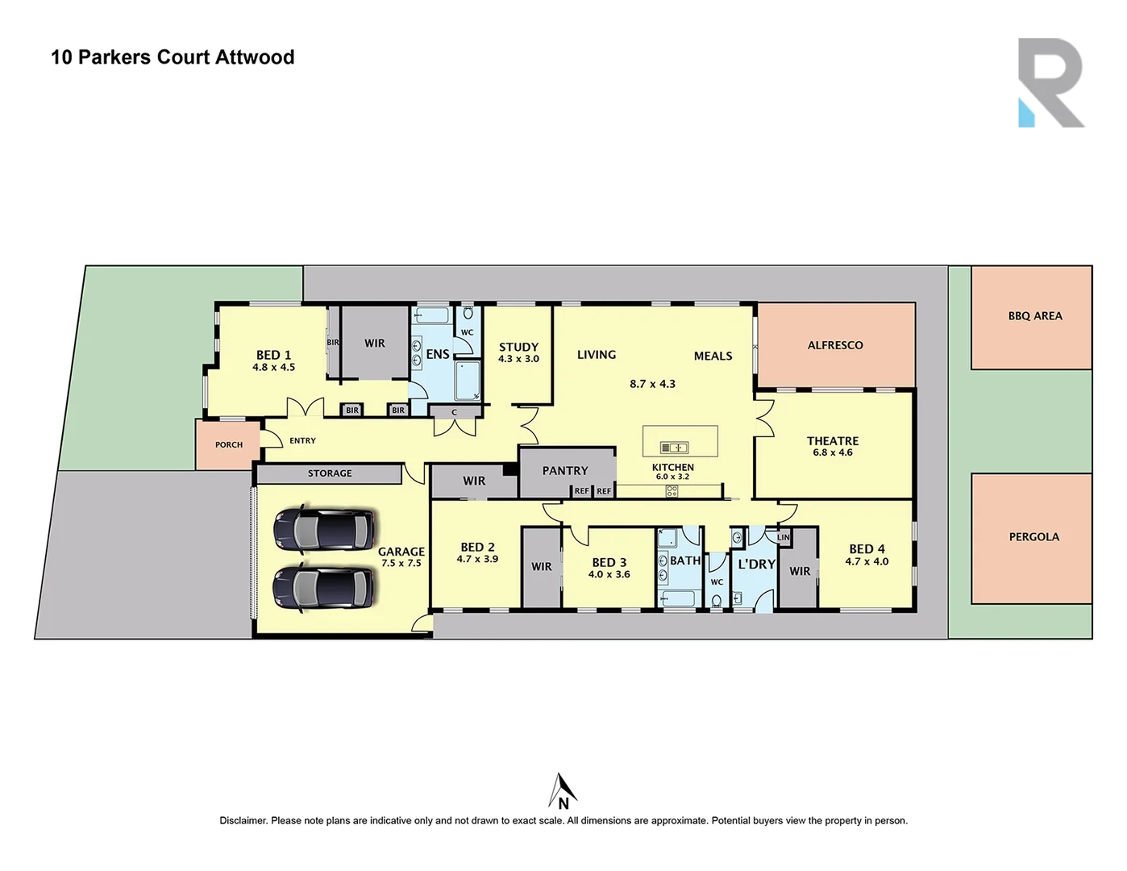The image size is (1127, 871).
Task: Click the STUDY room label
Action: point(518,348)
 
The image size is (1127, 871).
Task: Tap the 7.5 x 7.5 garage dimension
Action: point(401,563)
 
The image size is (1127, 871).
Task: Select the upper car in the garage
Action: point(324,530)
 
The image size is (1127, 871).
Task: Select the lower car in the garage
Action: point(324,587)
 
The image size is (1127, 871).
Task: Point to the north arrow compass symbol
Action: point(563,791)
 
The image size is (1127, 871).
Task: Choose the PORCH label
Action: point(229,444)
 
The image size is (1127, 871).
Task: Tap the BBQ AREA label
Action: point(1035,316)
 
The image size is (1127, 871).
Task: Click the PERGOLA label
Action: point(1033,537)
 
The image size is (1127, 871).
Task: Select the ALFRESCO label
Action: point(835,345)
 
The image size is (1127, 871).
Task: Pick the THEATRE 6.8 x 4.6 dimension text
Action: point(833,452)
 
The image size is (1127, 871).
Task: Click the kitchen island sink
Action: point(674,448)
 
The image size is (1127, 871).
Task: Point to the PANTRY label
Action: point(565,471)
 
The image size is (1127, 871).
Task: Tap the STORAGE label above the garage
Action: point(330,473)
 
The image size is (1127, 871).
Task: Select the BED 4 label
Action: point(867,549)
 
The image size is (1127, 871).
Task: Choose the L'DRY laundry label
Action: point(756,565)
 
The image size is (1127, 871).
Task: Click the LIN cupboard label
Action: point(784,537)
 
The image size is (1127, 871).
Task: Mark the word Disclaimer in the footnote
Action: point(243,821)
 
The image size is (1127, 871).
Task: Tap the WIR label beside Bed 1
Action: point(375,344)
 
